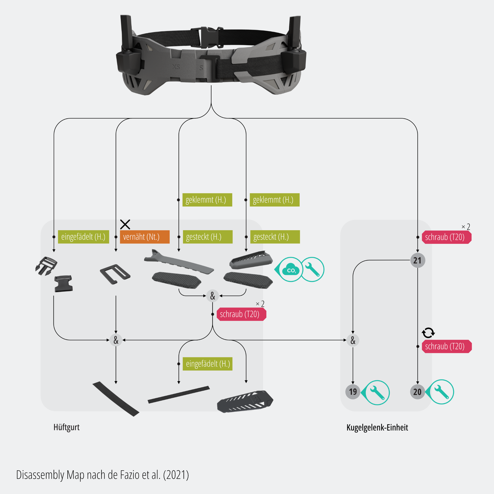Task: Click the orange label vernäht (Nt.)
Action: point(145,237)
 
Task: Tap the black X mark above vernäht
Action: point(125,224)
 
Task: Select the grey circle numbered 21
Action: point(417,260)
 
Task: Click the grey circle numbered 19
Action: point(353,392)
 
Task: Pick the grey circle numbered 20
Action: point(417,392)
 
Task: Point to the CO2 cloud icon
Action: point(291,269)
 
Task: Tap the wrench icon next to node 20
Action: point(442,392)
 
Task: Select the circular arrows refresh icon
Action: point(428,333)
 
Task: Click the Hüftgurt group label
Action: point(66,427)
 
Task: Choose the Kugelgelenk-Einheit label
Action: point(377,428)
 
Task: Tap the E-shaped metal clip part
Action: point(115,274)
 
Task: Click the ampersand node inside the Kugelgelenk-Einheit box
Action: point(353,340)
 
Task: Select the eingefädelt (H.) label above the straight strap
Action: point(208,364)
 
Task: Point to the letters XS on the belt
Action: point(176,67)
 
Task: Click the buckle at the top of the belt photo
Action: point(208,37)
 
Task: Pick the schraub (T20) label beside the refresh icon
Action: point(447,347)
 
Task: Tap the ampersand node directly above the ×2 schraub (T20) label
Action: point(212,296)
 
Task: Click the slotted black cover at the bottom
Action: point(245,401)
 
